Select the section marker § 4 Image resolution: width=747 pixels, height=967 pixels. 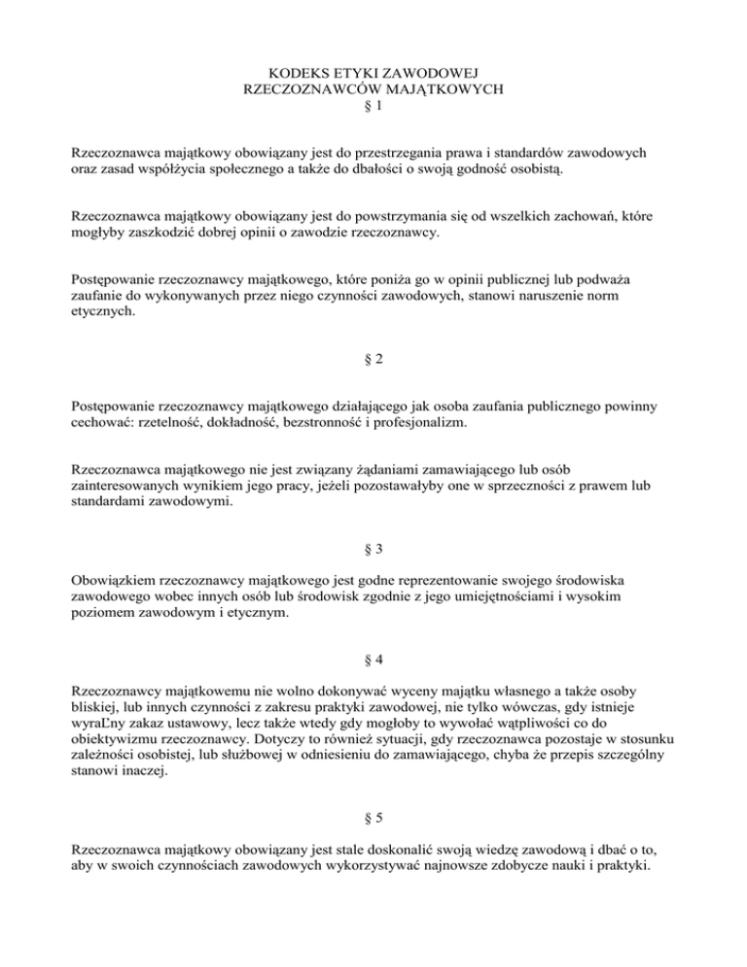point(373,659)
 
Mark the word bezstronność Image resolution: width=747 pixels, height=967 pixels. point(373,421)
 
